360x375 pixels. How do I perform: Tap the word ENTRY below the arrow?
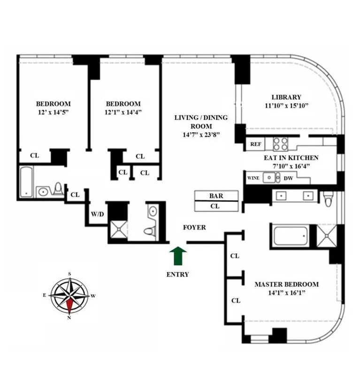[177, 274]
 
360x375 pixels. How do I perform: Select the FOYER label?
[194, 227]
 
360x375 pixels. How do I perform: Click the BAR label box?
[216, 195]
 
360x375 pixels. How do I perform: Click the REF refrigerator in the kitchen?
[255, 144]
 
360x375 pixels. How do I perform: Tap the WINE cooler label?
[253, 178]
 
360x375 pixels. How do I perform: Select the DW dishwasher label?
[289, 178]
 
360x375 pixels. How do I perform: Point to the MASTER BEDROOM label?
[286, 284]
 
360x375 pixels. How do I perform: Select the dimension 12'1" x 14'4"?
[123, 112]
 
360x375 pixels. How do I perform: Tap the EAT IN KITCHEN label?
[291, 158]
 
